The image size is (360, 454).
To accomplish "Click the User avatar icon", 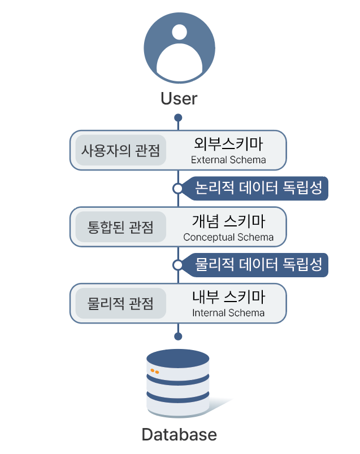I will coord(179,49).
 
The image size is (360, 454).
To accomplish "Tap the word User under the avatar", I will coord(179,98).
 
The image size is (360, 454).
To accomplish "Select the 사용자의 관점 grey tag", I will coord(120,151).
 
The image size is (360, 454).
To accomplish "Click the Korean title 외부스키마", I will coord(228,143).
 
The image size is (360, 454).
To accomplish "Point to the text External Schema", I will coord(228,160).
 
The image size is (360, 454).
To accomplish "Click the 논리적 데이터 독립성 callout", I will coord(258,188).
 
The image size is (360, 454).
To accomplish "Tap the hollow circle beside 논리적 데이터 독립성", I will coord(178,188).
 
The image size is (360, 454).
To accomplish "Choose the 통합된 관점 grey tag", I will coord(120,227).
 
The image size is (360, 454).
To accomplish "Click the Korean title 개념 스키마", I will coord(228,220).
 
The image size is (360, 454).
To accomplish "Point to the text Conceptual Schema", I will coord(228,237).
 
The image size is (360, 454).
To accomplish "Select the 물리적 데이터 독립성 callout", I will coord(258,264).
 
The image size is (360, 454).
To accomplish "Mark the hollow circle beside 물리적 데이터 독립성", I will coord(178,264).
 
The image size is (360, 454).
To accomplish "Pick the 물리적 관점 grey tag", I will coord(120,304).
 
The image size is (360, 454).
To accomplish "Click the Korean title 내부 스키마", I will coord(228,296).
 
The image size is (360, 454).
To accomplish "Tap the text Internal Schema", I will coord(228,313).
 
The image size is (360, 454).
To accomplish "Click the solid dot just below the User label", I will coord(179,117).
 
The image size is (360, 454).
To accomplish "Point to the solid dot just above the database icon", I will coord(179,336).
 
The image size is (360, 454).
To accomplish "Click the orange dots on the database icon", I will coord(154,372).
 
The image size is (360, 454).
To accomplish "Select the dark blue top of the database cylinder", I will coord(178,358).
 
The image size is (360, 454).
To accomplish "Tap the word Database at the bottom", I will coord(179,435).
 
